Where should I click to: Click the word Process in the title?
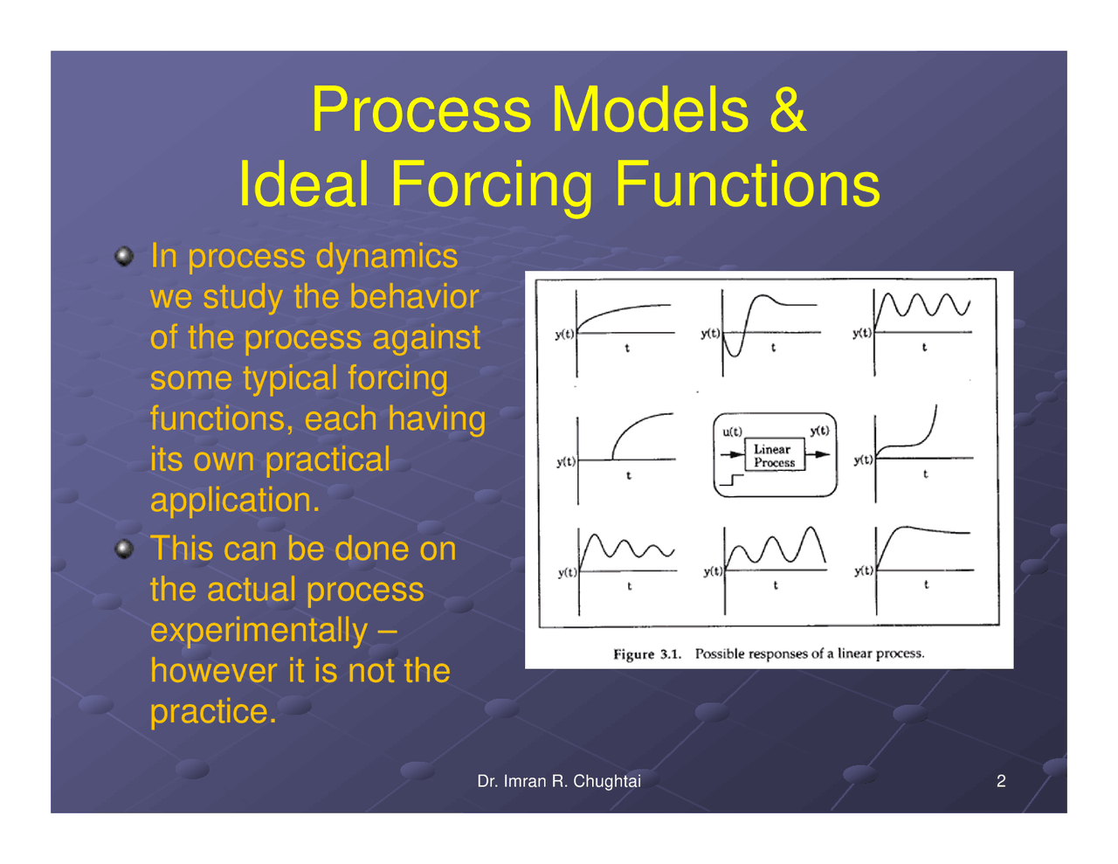(x=421, y=110)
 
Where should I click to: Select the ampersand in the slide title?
(x=788, y=110)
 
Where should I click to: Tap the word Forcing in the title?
(x=493, y=184)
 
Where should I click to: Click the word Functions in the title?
(x=747, y=184)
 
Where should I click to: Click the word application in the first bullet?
(x=234, y=501)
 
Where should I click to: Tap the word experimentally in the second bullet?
(x=259, y=630)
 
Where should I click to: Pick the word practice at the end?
(x=212, y=711)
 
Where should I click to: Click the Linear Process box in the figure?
(x=774, y=456)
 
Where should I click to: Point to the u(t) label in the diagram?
(x=732, y=432)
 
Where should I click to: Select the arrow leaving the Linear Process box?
(x=818, y=454)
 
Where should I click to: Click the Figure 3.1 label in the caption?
(x=646, y=654)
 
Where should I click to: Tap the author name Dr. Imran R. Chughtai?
(x=558, y=781)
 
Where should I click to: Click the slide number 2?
(x=1001, y=781)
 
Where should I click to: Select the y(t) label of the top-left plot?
(x=564, y=334)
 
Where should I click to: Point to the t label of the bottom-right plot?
(x=926, y=585)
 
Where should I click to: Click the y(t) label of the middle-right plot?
(x=862, y=460)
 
